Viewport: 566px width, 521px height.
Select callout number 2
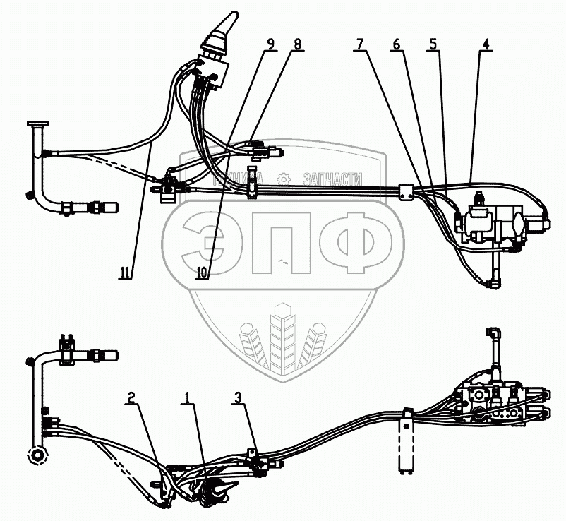pos(131,398)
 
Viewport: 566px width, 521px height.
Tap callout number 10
pos(203,273)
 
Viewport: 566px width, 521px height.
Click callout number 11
pos(126,273)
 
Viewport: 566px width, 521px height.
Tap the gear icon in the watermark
pos(284,179)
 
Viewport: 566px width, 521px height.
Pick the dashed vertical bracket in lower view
pos(407,444)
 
